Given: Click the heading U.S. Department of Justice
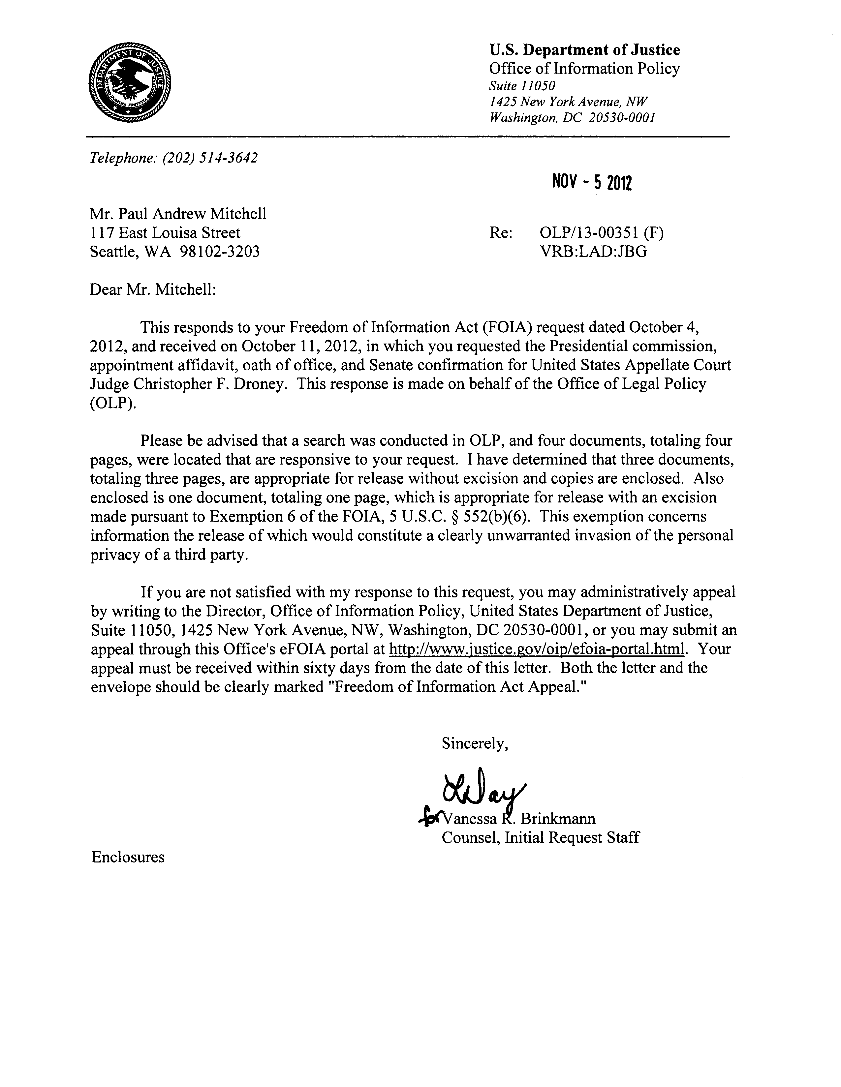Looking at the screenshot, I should click(x=584, y=50).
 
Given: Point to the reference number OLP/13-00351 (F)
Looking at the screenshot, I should click(x=602, y=232).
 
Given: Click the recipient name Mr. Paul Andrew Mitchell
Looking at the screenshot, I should click(x=178, y=214).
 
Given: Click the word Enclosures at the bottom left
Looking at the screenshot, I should click(x=128, y=857).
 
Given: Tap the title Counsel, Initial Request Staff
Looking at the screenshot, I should click(x=540, y=838).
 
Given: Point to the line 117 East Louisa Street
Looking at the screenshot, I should click(x=165, y=232).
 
